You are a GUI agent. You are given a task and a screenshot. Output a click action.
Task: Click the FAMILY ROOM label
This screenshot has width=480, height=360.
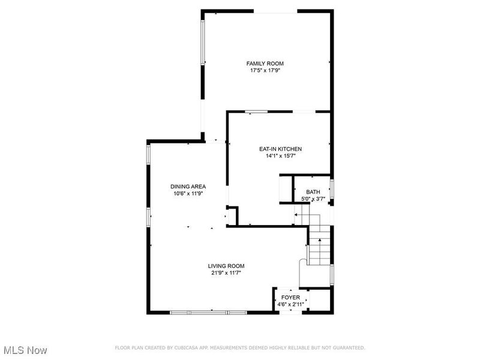(265, 64)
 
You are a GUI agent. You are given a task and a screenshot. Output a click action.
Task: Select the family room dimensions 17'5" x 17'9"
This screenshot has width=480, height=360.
(265, 71)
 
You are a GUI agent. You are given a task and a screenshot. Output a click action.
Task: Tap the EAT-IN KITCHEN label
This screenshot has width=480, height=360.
(280, 149)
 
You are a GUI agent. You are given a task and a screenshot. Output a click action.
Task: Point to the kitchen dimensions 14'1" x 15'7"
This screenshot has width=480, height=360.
(280, 156)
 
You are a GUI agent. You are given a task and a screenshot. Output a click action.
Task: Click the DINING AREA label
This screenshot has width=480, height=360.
(188, 187)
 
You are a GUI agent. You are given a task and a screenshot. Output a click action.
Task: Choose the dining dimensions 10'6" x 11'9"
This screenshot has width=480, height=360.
(188, 194)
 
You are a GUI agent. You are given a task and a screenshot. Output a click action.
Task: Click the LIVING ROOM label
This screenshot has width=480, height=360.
(226, 266)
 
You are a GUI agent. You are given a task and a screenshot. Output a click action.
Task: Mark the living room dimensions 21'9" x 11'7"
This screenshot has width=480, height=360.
(226, 273)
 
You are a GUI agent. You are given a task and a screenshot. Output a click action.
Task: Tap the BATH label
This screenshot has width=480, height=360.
(313, 192)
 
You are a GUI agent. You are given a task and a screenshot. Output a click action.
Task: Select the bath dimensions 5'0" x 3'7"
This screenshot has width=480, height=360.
(313, 199)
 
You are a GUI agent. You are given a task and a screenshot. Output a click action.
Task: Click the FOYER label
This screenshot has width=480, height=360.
(290, 298)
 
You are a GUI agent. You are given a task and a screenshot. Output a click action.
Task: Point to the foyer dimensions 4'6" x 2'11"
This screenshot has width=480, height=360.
(290, 305)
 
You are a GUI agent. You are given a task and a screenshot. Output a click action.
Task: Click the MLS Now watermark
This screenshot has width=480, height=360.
(25, 350)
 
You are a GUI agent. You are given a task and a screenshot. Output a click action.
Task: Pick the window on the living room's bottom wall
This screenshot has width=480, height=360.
(208, 313)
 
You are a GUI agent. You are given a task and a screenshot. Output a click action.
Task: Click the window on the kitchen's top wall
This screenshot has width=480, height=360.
(257, 112)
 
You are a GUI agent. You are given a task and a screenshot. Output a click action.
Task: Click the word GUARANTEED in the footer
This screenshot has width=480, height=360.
(347, 348)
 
